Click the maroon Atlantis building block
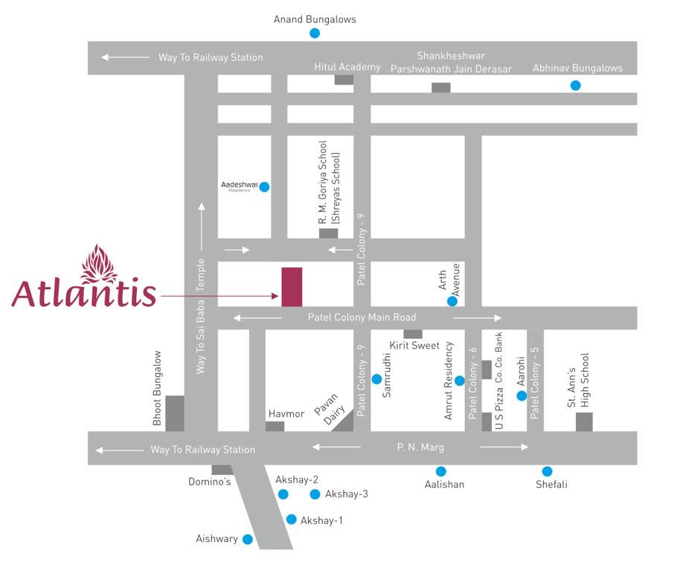[292, 286]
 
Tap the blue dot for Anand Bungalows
[315, 33]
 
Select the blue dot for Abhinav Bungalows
[575, 86]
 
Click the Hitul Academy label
[347, 67]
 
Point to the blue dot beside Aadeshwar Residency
[263, 187]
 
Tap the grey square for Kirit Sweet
[413, 334]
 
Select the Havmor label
[286, 413]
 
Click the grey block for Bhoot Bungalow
[175, 413]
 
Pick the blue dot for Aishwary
[248, 539]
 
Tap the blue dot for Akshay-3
[315, 494]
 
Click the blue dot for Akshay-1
[291, 520]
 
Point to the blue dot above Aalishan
[441, 471]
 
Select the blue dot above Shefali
[547, 471]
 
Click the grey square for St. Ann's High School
[584, 422]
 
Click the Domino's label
[209, 482]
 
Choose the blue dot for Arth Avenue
[452, 301]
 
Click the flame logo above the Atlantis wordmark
[98, 264]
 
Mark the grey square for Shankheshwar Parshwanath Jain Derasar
[441, 88]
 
